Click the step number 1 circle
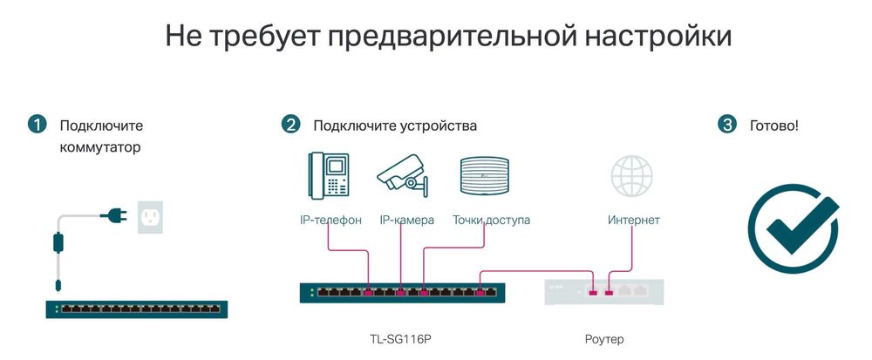pyautogui.click(x=37, y=125)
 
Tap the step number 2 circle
pyautogui.click(x=290, y=125)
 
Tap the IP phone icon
pyautogui.click(x=328, y=175)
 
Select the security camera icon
pyautogui.click(x=403, y=173)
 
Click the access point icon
pyautogui.click(x=483, y=174)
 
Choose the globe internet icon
pyautogui.click(x=633, y=174)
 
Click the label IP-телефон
pyautogui.click(x=330, y=221)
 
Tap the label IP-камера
pyautogui.click(x=407, y=221)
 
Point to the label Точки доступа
pyautogui.click(x=491, y=221)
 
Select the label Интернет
pyautogui.click(x=634, y=221)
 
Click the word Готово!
pyautogui.click(x=773, y=126)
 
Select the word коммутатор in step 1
pyautogui.click(x=100, y=147)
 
